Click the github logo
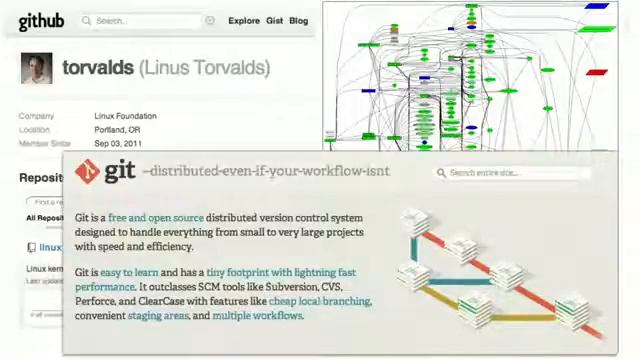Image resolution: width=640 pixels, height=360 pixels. [41, 20]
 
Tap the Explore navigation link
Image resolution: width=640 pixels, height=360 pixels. [244, 20]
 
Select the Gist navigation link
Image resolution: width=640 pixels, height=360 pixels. [274, 20]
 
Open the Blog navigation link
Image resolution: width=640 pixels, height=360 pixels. [298, 20]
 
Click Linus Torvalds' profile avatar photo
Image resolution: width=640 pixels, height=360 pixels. [37, 68]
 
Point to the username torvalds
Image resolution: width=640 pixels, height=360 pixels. [98, 68]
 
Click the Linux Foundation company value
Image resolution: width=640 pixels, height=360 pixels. [125, 116]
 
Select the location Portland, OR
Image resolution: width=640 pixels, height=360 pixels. [117, 130]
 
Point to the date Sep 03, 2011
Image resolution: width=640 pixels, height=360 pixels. [118, 144]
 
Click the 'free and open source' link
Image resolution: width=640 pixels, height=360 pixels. [155, 217]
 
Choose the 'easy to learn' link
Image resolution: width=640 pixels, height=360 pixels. [129, 272]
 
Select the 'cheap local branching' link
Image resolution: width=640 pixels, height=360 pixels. [319, 301]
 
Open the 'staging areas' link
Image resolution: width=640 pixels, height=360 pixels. [158, 316]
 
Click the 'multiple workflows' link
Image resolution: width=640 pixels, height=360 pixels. [257, 316]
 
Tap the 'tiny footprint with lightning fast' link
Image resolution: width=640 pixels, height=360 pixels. [280, 272]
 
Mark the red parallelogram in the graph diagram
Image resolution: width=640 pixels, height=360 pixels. [597, 72]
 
